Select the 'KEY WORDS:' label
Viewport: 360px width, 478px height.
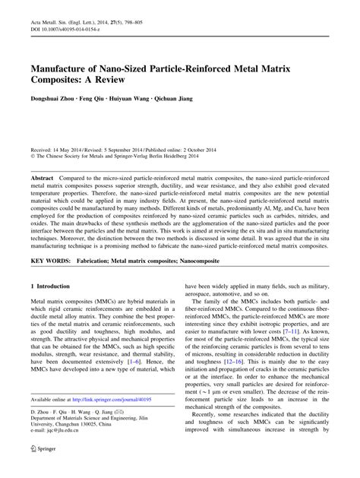point(49,260)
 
